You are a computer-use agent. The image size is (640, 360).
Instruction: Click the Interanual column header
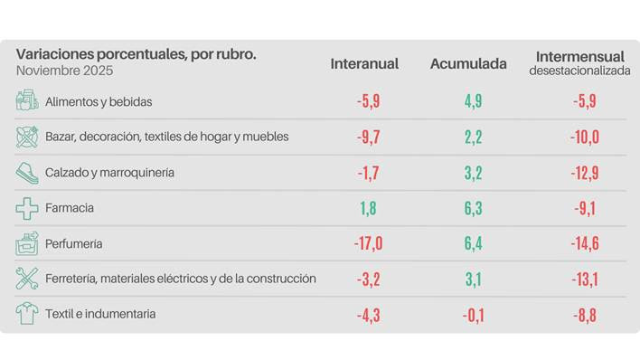click(364, 63)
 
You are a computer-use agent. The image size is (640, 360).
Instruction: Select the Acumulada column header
click(468, 63)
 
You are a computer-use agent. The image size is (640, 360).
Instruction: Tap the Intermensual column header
click(579, 56)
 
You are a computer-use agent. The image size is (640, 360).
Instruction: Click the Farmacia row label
click(70, 208)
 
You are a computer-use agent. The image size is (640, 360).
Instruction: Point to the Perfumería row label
click(73, 243)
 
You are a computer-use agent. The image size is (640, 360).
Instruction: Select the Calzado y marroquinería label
click(109, 172)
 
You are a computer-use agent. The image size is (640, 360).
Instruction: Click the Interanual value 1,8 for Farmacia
click(367, 208)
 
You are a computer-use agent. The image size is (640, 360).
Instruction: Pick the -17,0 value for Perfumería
click(367, 243)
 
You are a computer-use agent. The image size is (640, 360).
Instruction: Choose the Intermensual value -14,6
click(584, 243)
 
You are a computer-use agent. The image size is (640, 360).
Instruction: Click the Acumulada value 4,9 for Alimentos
click(473, 101)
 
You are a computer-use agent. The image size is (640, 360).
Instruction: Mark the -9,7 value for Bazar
click(367, 137)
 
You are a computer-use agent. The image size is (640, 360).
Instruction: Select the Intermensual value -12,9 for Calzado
click(584, 172)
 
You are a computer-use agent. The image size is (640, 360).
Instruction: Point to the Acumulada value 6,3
click(473, 208)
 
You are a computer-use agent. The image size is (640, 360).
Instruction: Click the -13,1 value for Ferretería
click(584, 279)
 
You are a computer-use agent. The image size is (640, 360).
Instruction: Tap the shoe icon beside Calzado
click(26, 172)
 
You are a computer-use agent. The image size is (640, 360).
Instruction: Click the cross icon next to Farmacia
click(26, 208)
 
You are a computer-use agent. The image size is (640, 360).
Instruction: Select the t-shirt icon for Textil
click(26, 314)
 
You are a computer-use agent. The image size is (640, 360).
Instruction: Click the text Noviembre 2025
click(64, 71)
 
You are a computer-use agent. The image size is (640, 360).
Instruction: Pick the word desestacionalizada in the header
click(579, 71)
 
